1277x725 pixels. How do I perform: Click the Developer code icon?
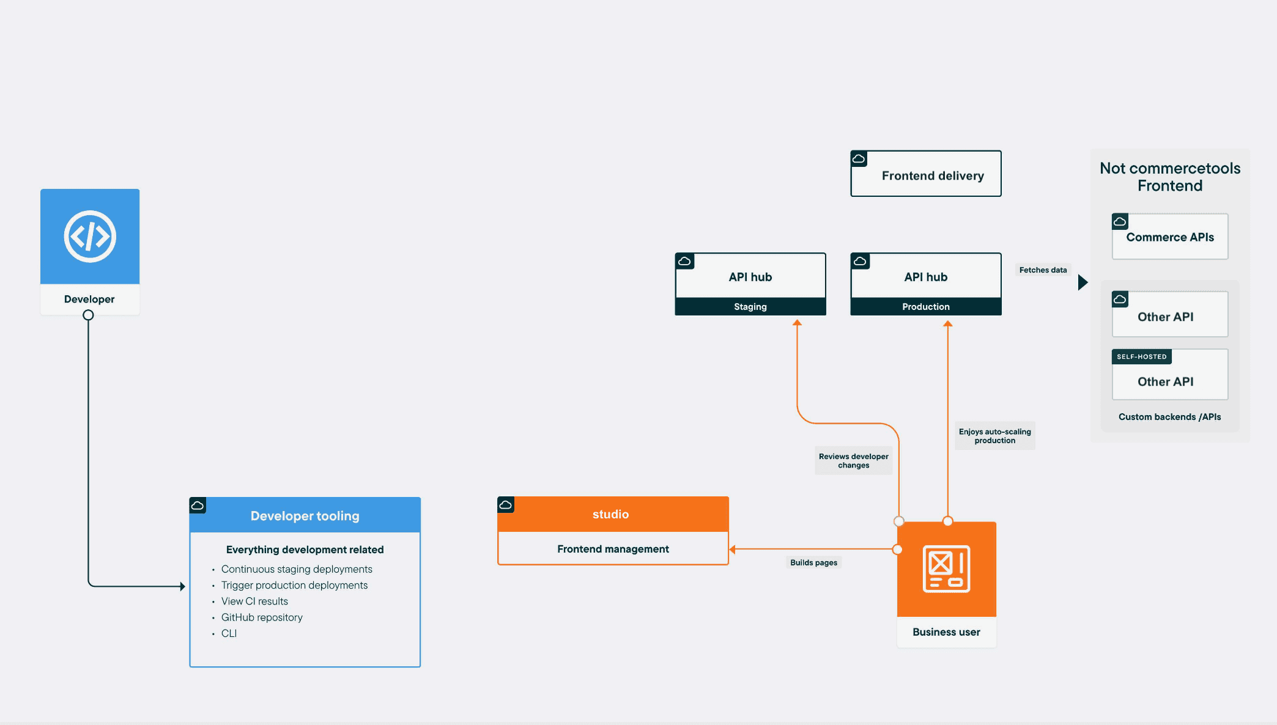(x=90, y=237)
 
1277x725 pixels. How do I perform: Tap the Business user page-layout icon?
(x=946, y=569)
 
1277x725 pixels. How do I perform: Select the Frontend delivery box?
(x=926, y=174)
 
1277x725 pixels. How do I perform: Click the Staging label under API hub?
(x=750, y=307)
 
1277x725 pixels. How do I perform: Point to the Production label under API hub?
(x=926, y=307)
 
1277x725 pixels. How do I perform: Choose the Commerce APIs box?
(x=1170, y=237)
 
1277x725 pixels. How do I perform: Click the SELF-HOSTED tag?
(x=1142, y=356)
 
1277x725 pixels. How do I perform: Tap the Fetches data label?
(x=1043, y=270)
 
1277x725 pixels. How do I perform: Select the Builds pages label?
(x=813, y=562)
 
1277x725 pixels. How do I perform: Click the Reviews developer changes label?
(x=854, y=461)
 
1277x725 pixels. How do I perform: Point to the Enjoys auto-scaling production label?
(x=995, y=436)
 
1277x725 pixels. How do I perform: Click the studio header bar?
(x=613, y=514)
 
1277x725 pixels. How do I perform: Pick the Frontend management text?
(x=613, y=549)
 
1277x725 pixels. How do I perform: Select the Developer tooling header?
(x=305, y=515)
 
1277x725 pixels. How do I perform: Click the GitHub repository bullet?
(x=262, y=617)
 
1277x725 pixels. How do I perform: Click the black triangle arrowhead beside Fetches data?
(x=1083, y=282)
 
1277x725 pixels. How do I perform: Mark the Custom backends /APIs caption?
(x=1169, y=417)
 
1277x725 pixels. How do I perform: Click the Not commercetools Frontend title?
(x=1170, y=177)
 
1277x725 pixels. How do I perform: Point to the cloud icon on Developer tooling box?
(x=198, y=506)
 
